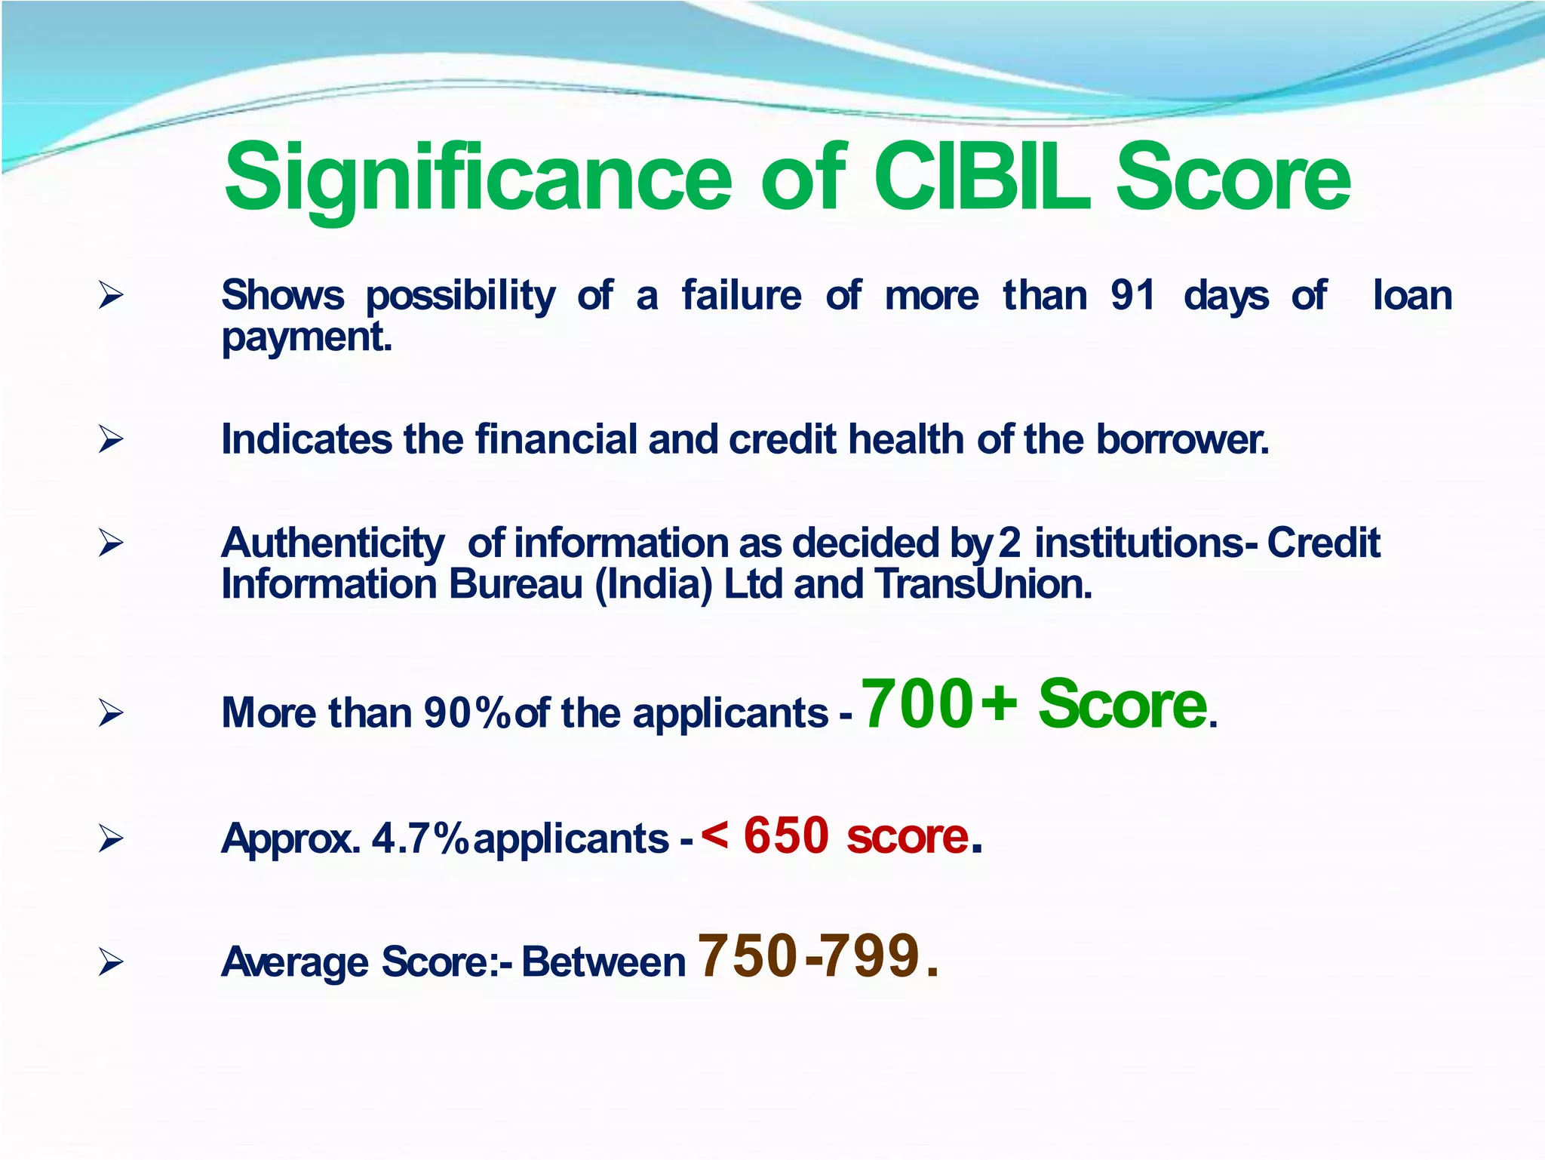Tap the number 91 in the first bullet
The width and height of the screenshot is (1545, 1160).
point(1132,295)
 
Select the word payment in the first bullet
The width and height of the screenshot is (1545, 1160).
point(306,337)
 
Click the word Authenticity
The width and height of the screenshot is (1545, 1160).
point(333,543)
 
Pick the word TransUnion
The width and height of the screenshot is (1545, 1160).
point(983,584)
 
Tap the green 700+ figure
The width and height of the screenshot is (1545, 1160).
point(938,704)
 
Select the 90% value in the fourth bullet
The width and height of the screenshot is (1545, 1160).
point(468,712)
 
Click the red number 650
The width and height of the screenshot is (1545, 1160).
point(786,836)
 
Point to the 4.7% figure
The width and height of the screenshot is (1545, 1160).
point(420,838)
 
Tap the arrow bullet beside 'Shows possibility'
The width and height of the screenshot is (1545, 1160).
point(111,294)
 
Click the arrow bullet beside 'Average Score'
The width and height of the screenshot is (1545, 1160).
point(111,962)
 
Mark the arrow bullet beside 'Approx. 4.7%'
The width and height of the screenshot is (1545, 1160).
point(111,838)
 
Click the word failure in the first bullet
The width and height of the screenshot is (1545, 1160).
point(742,295)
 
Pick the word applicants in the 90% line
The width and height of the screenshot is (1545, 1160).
point(730,714)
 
